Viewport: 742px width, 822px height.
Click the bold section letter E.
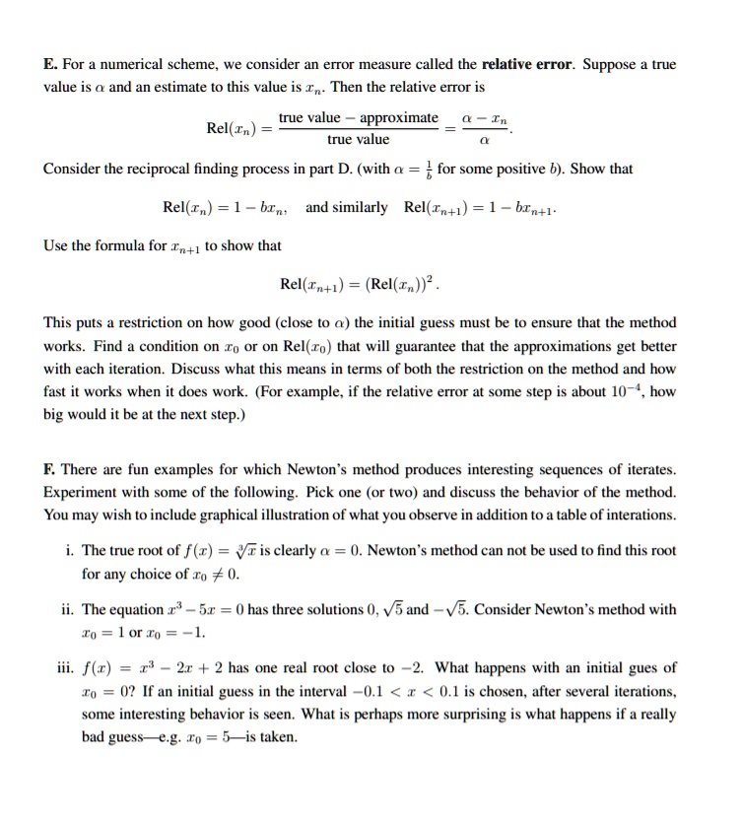tap(49, 65)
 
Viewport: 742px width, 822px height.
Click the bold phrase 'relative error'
tap(529, 65)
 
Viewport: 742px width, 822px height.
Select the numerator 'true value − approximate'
tap(359, 118)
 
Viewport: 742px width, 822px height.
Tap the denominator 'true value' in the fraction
tap(359, 140)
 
